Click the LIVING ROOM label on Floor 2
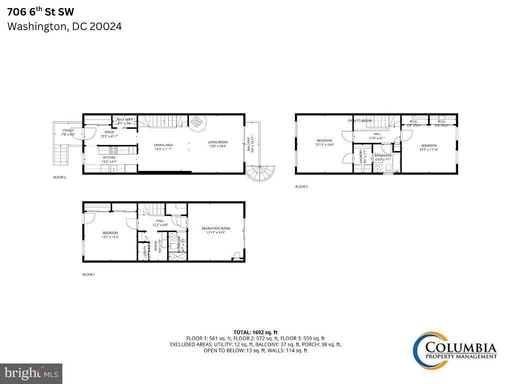tap(217, 142)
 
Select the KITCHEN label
tap(109, 157)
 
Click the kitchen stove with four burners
tap(113, 149)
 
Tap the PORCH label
tap(67, 130)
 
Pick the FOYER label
tap(109, 132)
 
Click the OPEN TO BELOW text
tap(359, 120)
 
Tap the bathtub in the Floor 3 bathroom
tap(396, 163)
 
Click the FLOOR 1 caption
tap(88, 274)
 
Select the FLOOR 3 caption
tap(301, 186)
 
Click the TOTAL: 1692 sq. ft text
tap(255, 332)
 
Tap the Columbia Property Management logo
tap(454, 346)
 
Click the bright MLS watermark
tap(31, 373)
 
